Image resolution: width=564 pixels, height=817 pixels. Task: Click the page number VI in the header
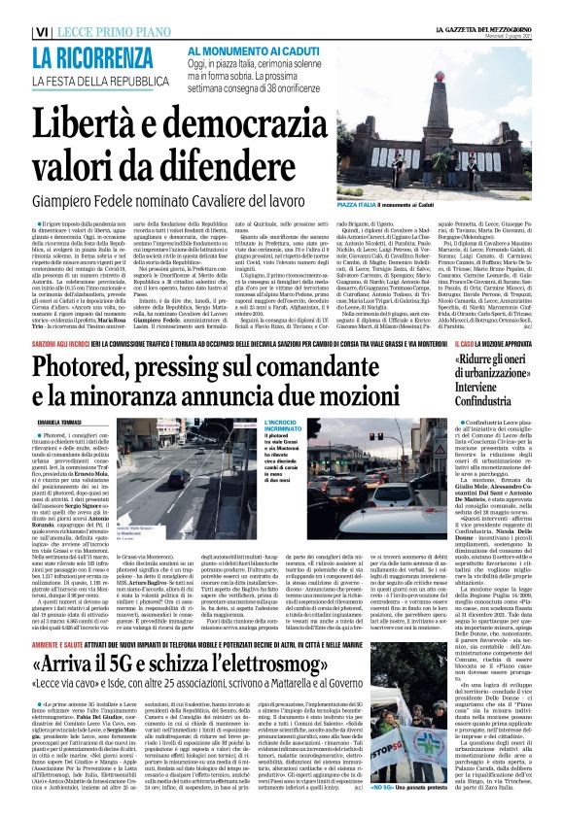click(14, 33)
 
